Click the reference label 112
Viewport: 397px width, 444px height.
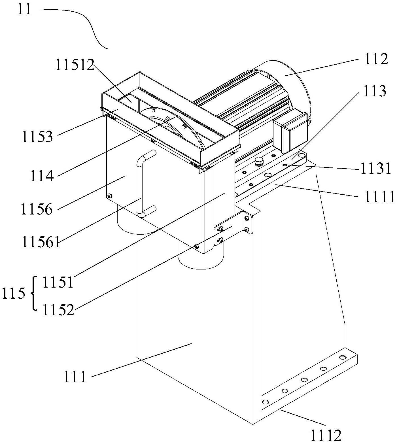[x=375, y=60]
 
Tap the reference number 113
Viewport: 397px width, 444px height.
[x=375, y=92]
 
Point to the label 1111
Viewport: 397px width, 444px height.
[x=379, y=197]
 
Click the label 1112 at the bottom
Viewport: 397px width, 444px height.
[x=326, y=436]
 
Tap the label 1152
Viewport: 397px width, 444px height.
[x=58, y=310]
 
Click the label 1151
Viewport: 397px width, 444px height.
[x=58, y=282]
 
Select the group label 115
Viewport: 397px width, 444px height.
[x=13, y=294]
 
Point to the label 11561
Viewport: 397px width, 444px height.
[x=41, y=243]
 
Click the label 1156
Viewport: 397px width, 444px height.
[x=37, y=209]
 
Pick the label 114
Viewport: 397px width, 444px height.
[x=42, y=176]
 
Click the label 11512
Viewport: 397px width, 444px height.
[x=75, y=65]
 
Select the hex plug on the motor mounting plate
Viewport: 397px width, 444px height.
[x=258, y=162]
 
